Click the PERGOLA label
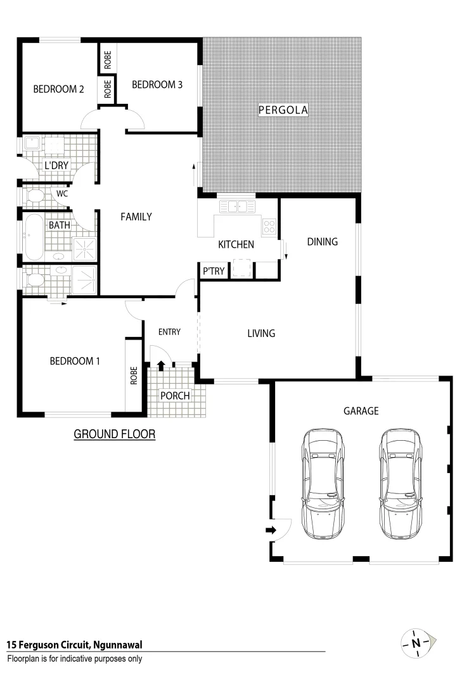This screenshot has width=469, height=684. (283, 110)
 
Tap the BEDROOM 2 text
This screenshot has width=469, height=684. (58, 89)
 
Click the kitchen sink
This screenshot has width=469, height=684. (237, 206)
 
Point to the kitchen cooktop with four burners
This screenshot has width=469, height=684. (269, 225)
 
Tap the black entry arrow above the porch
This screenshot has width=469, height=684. (161, 365)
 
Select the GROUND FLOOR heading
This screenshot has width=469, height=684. (115, 434)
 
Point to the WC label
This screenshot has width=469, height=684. (62, 193)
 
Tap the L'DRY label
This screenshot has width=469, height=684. (56, 166)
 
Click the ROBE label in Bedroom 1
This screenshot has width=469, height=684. (134, 376)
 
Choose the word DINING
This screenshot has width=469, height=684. (322, 241)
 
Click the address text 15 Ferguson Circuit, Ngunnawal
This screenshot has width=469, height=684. (74, 645)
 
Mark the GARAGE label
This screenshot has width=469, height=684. (361, 411)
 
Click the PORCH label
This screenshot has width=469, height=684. (175, 396)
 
